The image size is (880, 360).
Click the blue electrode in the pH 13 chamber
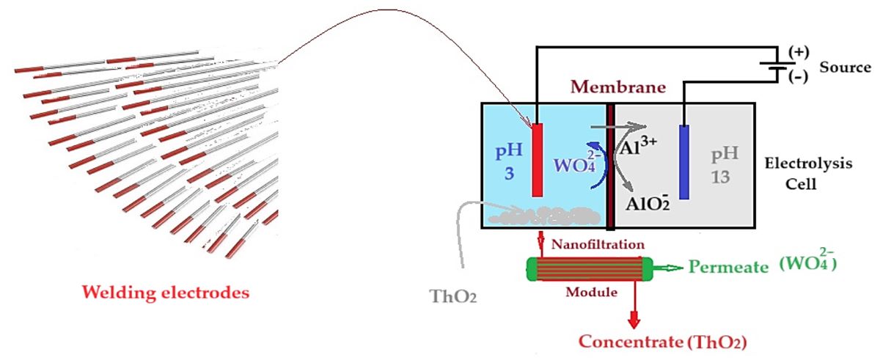click(x=684, y=162)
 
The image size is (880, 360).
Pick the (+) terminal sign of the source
click(x=797, y=53)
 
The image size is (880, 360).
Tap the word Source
click(x=845, y=67)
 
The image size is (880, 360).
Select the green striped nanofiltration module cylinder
click(x=590, y=268)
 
